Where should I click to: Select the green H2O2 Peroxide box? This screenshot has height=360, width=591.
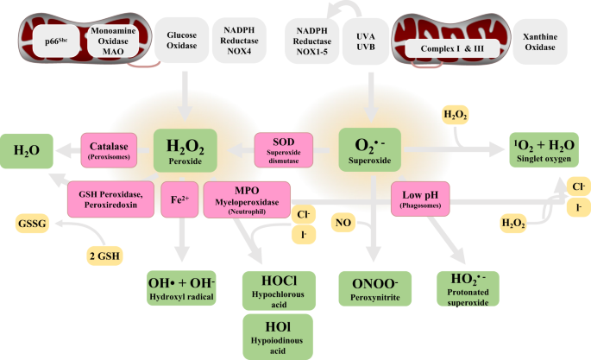(x=185, y=148)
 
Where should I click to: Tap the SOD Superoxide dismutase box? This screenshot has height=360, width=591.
(x=283, y=148)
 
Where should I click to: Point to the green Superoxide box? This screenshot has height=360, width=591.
(x=370, y=148)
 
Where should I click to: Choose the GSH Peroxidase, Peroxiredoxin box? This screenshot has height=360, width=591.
(x=110, y=199)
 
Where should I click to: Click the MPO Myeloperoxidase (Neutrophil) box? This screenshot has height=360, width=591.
(x=246, y=199)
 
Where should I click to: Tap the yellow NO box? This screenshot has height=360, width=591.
(x=342, y=223)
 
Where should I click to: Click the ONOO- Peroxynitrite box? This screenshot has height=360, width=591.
(x=370, y=288)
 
